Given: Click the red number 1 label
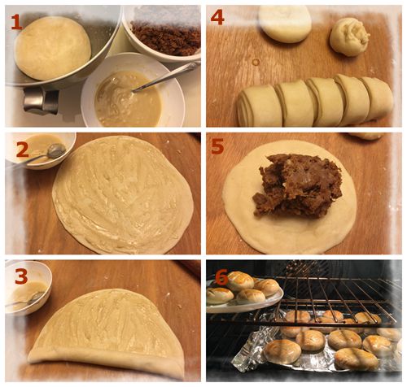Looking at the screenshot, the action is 16,21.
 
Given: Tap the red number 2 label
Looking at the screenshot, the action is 22,150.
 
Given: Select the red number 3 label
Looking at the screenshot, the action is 21,276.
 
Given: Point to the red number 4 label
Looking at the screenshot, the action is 217,17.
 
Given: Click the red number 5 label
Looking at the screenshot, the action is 217,146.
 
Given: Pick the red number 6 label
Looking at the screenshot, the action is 221,279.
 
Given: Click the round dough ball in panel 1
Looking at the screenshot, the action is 53,52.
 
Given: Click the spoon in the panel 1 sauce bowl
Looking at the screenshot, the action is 165,77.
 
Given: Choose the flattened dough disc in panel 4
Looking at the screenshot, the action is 285,24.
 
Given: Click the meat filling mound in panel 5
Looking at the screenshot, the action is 298,185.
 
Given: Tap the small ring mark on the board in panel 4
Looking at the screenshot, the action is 256,62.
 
